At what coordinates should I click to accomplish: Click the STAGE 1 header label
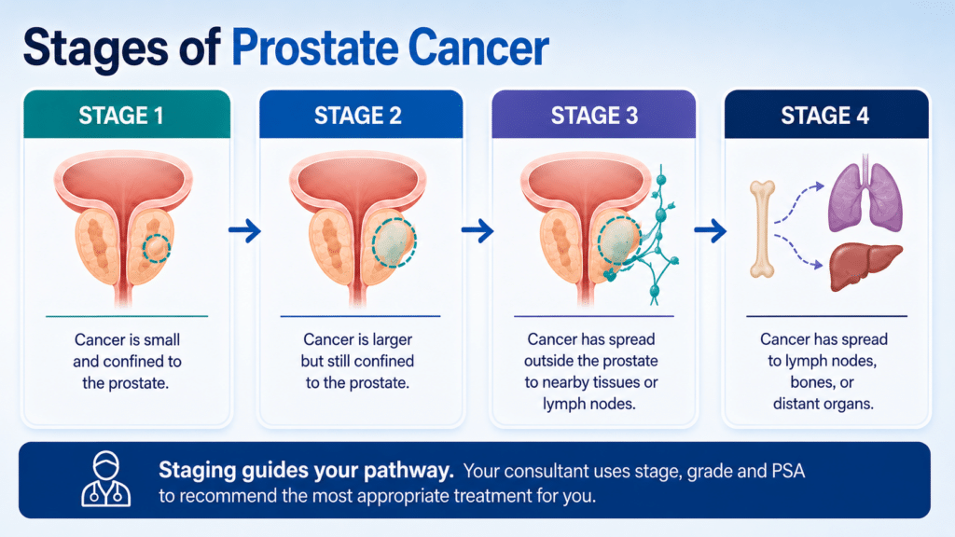point(121,115)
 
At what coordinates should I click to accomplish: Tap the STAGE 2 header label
point(357,115)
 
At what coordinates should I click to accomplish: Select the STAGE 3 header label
point(594,115)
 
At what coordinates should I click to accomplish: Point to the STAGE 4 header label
point(824,115)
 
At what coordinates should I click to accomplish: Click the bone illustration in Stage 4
point(762,229)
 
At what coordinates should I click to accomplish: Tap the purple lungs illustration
point(865,194)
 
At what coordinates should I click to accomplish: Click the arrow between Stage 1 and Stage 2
point(245,230)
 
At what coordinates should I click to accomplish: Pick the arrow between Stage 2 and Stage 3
point(477,230)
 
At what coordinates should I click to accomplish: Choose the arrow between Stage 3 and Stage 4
point(710,230)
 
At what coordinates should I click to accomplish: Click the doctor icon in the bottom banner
point(106,479)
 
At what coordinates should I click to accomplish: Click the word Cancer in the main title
point(478,48)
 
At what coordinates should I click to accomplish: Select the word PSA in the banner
point(788,471)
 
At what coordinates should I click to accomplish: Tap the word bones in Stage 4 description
point(823,382)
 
